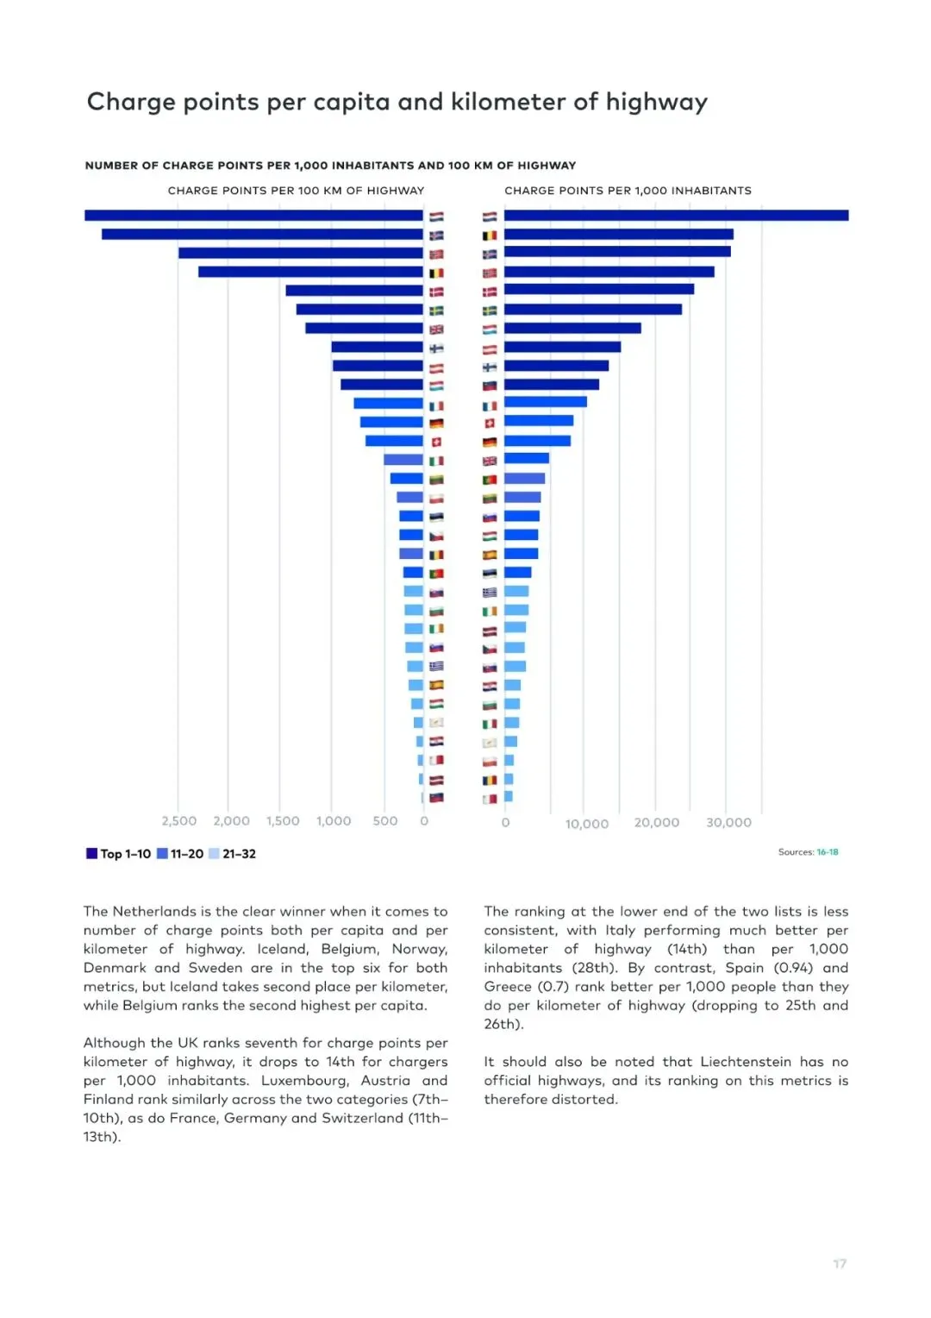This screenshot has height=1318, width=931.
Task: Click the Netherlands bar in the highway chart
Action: pyautogui.click(x=253, y=216)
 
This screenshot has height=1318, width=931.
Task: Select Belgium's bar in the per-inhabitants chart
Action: pyautogui.click(x=618, y=235)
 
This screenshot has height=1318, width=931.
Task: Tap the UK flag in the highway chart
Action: pyautogui.click(x=436, y=329)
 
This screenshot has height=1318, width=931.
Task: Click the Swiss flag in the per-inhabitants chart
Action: pyautogui.click(x=490, y=423)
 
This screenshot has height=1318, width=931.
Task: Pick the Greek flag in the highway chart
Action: pyautogui.click(x=436, y=666)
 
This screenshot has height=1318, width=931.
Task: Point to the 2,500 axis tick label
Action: pyautogui.click(x=178, y=821)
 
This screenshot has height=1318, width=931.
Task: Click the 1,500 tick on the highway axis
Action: pyautogui.click(x=283, y=821)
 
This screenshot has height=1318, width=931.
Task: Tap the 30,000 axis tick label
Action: pyautogui.click(x=728, y=823)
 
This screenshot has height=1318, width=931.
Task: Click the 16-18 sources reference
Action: pyautogui.click(x=828, y=852)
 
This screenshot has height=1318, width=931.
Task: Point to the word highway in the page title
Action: pyautogui.click(x=656, y=103)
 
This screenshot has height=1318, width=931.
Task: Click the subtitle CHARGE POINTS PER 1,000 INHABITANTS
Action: pyautogui.click(x=628, y=191)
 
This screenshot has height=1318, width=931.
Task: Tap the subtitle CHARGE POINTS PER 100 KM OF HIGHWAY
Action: pyautogui.click(x=296, y=191)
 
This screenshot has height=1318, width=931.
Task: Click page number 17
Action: pyautogui.click(x=840, y=1264)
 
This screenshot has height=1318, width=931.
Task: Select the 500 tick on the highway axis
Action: pyautogui.click(x=384, y=821)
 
